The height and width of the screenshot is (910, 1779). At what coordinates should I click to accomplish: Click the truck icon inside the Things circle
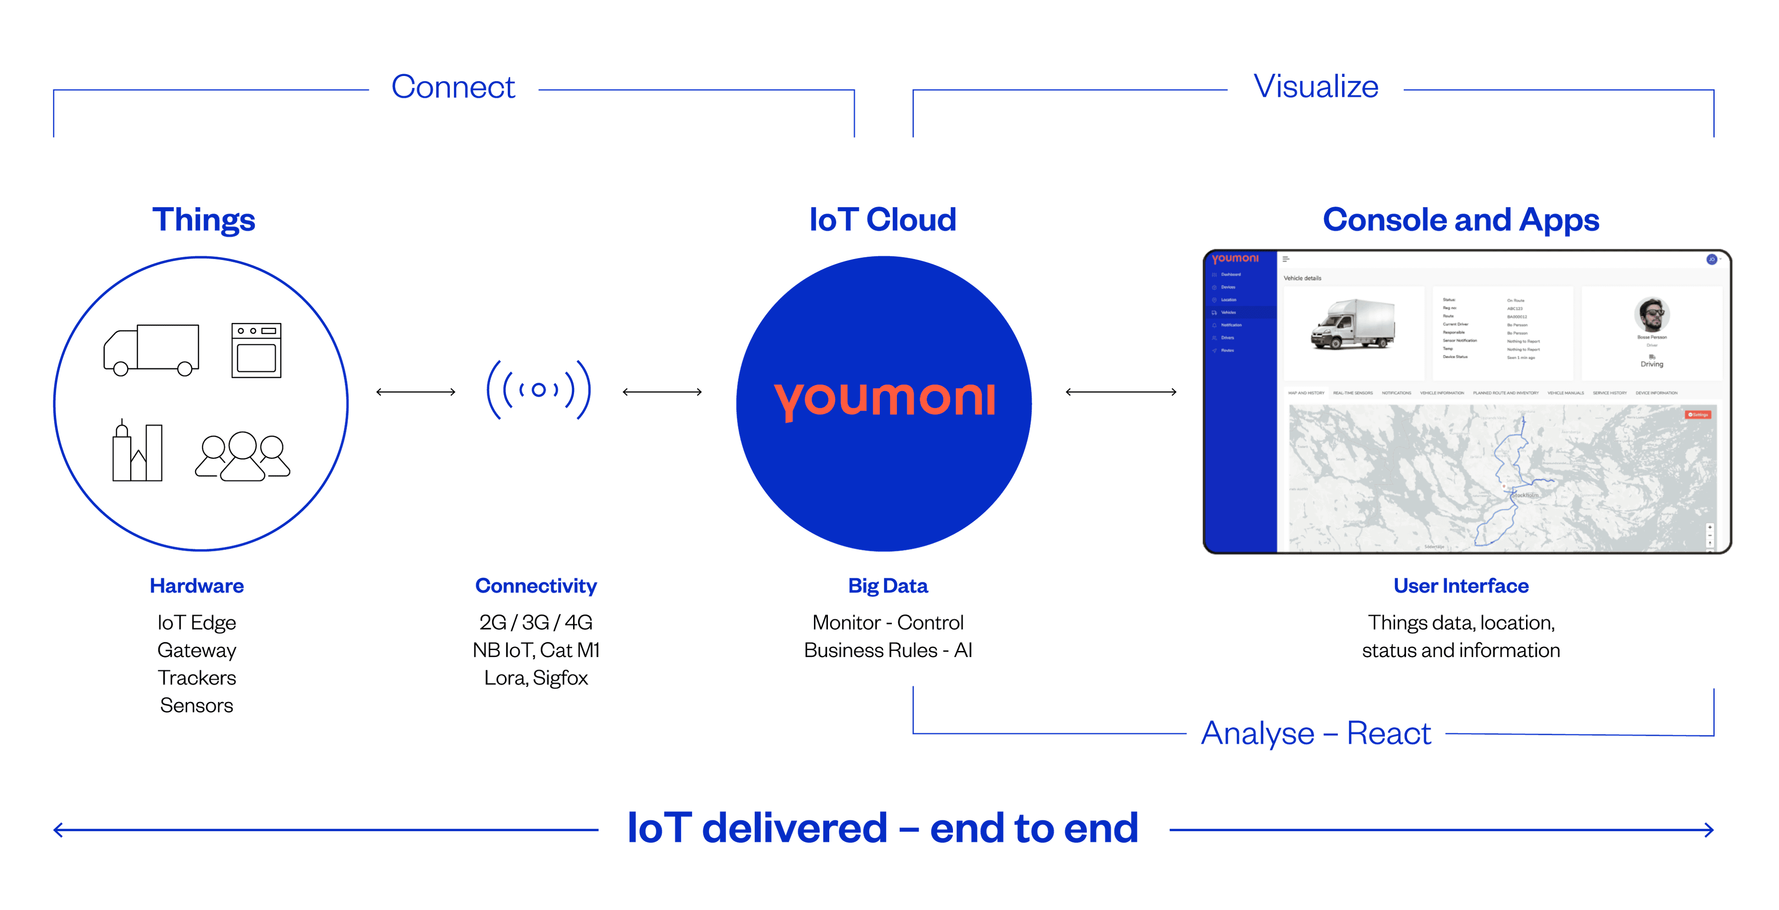pyautogui.click(x=152, y=349)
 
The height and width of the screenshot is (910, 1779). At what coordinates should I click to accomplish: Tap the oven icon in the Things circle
pyautogui.click(x=256, y=350)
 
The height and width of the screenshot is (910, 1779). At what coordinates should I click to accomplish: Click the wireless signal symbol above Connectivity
pyautogui.click(x=539, y=390)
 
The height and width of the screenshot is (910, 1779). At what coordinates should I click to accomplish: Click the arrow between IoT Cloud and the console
pyautogui.click(x=1121, y=392)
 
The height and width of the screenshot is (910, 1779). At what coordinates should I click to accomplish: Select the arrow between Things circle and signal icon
pyautogui.click(x=416, y=392)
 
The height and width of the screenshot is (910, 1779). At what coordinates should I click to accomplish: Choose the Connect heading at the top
pyautogui.click(x=453, y=88)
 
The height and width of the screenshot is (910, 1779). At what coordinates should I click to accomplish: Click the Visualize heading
pyautogui.click(x=1316, y=88)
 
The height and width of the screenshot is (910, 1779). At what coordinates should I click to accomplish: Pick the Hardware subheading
pyautogui.click(x=197, y=586)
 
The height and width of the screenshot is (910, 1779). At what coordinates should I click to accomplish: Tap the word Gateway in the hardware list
pyautogui.click(x=197, y=651)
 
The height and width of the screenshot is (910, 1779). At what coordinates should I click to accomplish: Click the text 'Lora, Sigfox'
pyautogui.click(x=536, y=678)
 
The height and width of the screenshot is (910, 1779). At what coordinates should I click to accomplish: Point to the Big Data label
pyautogui.click(x=888, y=586)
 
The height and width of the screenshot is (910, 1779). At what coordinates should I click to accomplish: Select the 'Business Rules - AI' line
pyautogui.click(x=888, y=651)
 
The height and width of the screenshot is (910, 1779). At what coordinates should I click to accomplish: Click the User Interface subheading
pyautogui.click(x=1461, y=586)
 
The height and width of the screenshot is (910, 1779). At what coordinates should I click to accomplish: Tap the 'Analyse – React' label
pyautogui.click(x=1316, y=733)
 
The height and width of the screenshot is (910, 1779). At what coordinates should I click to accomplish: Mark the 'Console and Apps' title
pyautogui.click(x=1461, y=220)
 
